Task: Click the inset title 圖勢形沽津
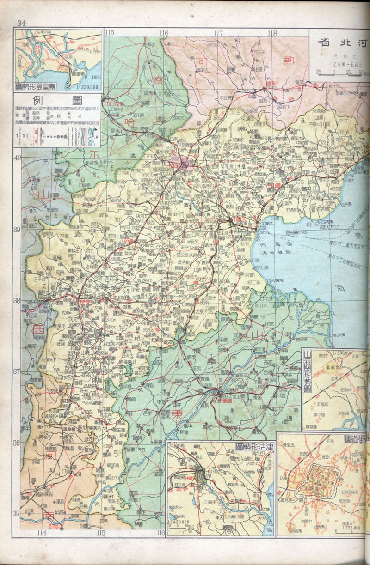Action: click(x=252, y=447)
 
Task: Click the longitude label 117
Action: click(x=218, y=33)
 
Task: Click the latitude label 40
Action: click(x=18, y=158)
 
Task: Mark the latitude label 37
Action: click(x=17, y=371)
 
